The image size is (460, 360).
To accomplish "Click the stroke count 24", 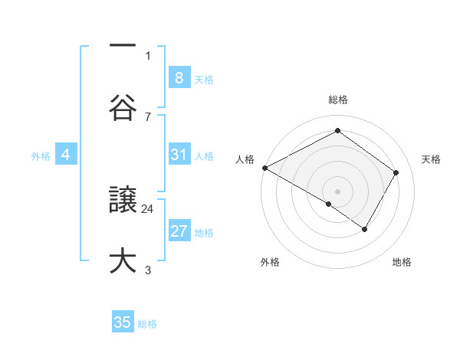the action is click(148, 208).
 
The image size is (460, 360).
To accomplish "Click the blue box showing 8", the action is click(179, 78).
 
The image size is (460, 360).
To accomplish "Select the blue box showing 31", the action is click(179, 155).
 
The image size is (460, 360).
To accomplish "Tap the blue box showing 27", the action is click(179, 231).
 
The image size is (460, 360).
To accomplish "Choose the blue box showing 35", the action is click(123, 322).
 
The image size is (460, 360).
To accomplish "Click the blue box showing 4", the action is click(66, 155).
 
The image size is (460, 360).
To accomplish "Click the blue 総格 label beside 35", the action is click(147, 324).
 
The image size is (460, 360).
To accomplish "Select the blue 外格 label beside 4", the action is click(41, 156).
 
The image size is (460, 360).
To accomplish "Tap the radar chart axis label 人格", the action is click(245, 159).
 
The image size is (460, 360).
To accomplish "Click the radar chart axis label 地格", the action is click(402, 263).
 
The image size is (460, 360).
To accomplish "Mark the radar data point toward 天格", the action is click(396, 172).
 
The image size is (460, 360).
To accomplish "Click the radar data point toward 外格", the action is click(329, 204).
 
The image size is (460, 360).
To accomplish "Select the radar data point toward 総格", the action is click(337, 132).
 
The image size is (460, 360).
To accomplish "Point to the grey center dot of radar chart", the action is click(337, 191).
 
